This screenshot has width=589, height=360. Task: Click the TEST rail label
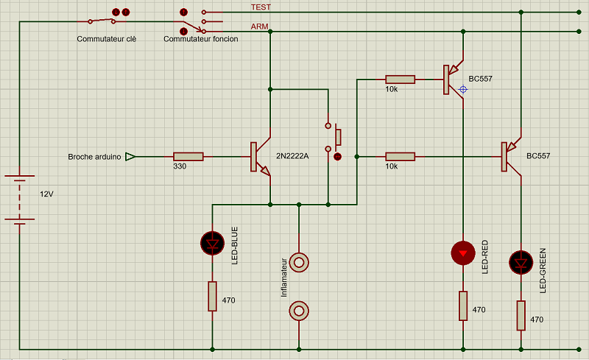click(x=261, y=7)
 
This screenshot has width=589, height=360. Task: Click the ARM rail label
click(x=259, y=26)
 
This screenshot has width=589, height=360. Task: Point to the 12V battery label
click(x=46, y=194)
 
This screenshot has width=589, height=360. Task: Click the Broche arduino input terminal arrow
click(x=130, y=156)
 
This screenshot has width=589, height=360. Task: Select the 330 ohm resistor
click(x=188, y=156)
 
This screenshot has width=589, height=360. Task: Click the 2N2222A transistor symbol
click(x=261, y=157)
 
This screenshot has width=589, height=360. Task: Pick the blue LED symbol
click(x=212, y=242)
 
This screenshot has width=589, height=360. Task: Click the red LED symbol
click(x=462, y=253)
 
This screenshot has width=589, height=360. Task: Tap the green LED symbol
click(x=521, y=262)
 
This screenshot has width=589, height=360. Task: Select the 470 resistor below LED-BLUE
click(x=212, y=296)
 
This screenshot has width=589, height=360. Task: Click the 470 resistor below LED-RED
click(x=462, y=306)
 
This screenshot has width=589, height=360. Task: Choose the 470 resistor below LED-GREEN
click(x=521, y=315)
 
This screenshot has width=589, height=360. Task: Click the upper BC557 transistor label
click(x=480, y=78)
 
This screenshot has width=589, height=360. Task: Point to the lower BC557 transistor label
click(x=538, y=156)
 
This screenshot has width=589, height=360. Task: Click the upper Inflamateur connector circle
click(x=299, y=262)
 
